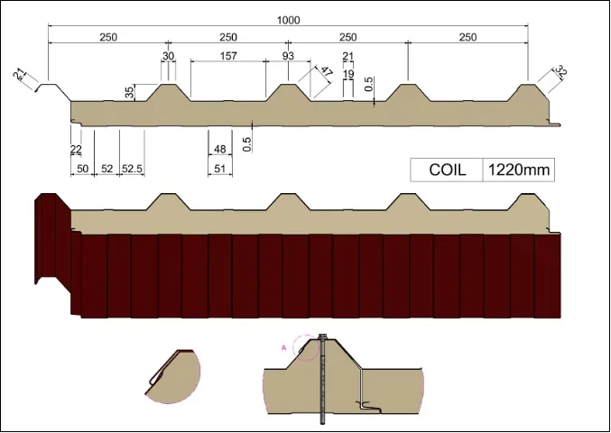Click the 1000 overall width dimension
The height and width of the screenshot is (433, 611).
(x=289, y=19)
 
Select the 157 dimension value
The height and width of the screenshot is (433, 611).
(x=228, y=56)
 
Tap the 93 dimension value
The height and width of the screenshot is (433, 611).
(x=289, y=56)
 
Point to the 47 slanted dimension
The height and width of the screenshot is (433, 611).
(x=327, y=73)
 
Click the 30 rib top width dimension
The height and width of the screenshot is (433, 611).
(x=168, y=56)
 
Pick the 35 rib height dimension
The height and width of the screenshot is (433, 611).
(x=130, y=92)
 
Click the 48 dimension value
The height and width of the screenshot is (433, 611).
(x=220, y=149)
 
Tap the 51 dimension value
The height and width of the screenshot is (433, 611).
(x=220, y=169)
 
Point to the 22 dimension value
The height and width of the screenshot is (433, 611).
(x=76, y=149)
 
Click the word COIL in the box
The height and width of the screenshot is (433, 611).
(x=448, y=170)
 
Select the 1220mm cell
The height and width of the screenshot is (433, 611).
(x=516, y=170)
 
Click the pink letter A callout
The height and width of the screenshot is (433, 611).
(x=284, y=345)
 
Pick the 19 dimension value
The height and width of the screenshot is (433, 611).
(x=348, y=74)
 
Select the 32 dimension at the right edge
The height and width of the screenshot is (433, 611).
(x=560, y=72)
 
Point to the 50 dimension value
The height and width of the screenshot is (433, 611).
(x=82, y=169)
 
